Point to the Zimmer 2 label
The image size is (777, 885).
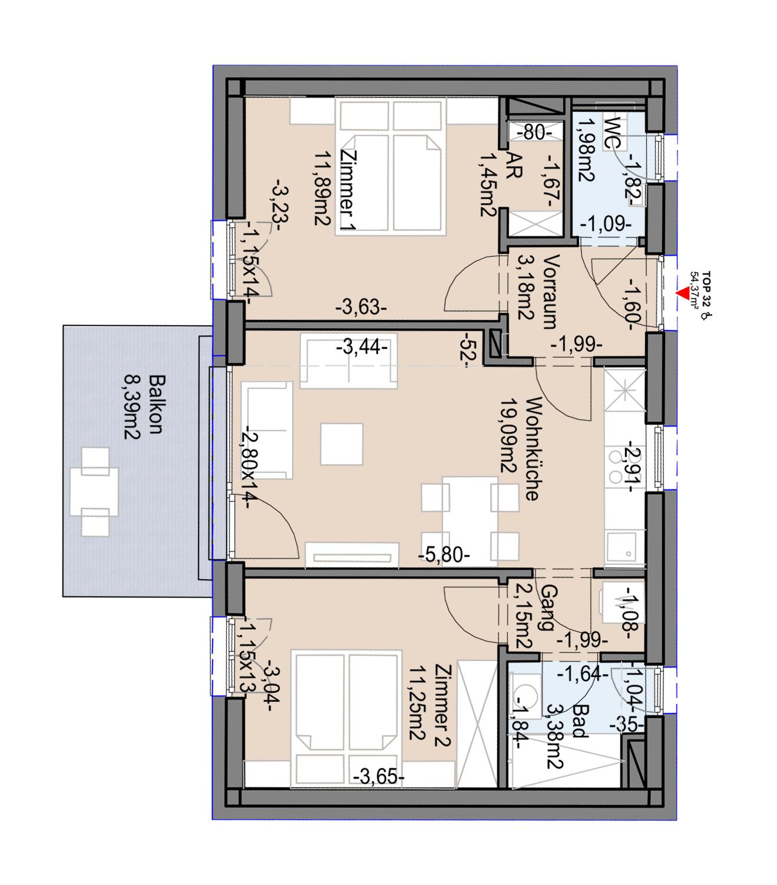[x=441, y=705]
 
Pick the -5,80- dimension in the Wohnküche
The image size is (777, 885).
[x=445, y=554]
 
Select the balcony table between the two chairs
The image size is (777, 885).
[x=94, y=491]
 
